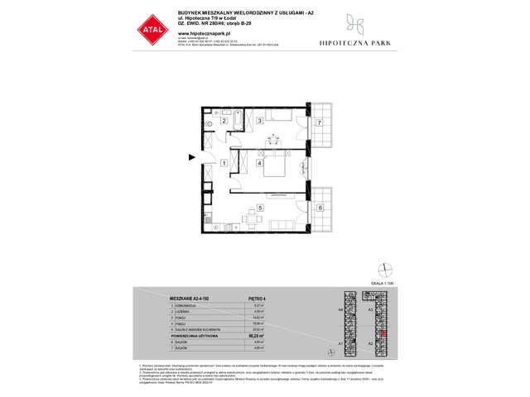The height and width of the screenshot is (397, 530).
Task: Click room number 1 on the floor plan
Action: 224,164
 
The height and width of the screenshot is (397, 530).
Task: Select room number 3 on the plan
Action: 260,122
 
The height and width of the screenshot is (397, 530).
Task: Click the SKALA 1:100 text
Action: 383,284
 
